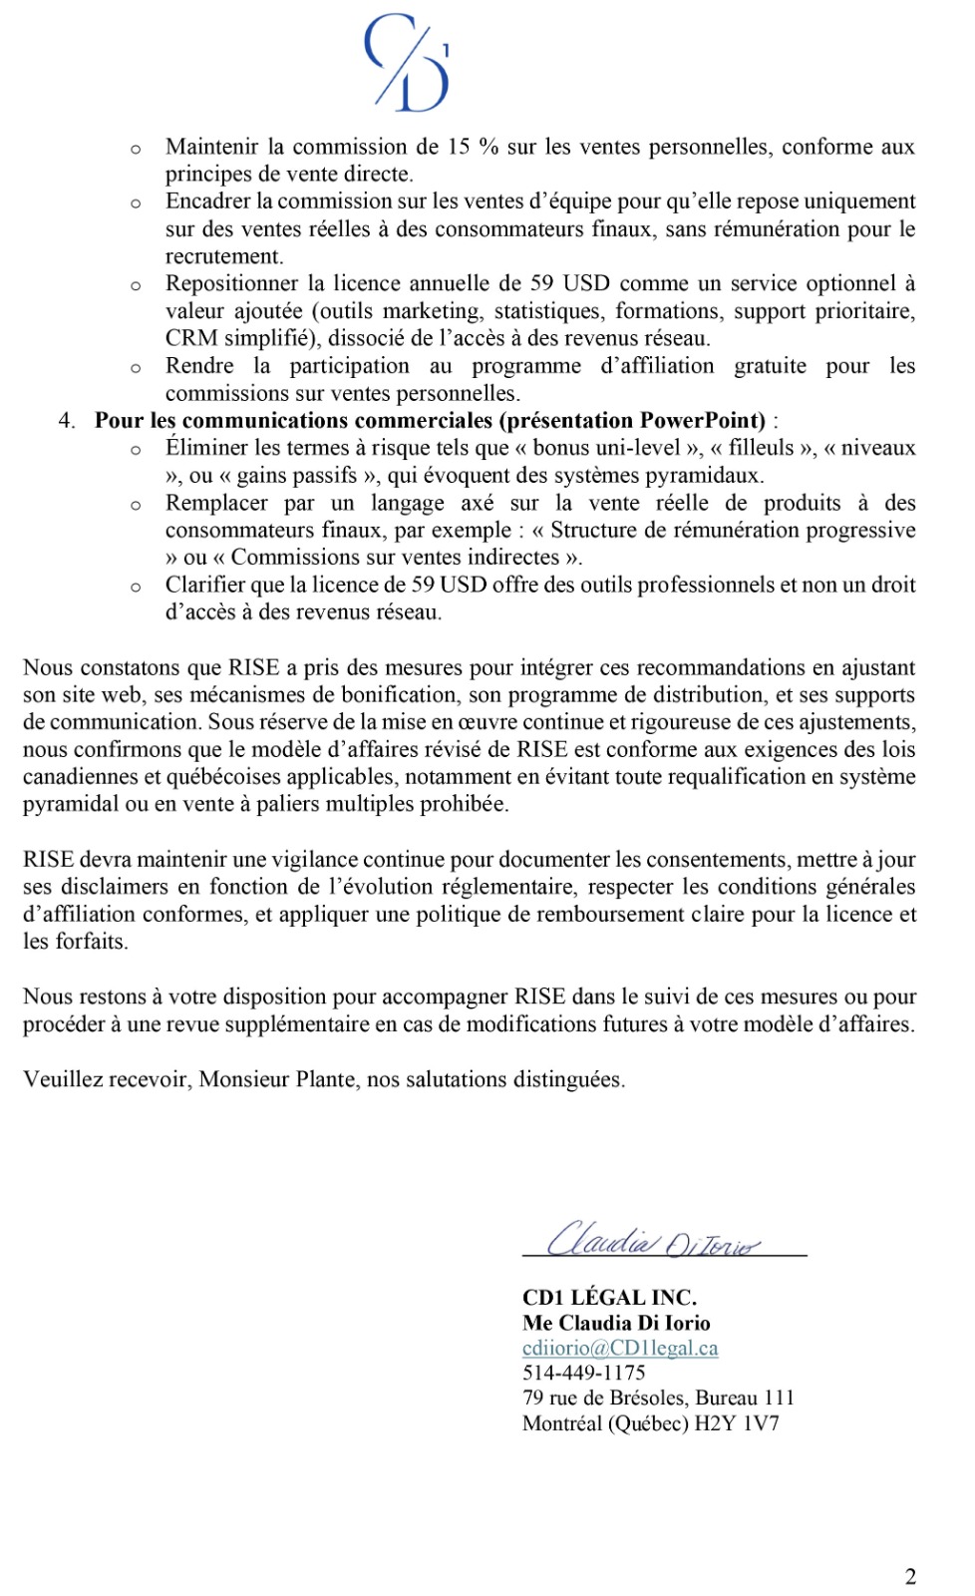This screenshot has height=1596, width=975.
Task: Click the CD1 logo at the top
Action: click(x=408, y=62)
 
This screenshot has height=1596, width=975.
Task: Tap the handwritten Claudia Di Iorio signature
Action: click(x=653, y=1240)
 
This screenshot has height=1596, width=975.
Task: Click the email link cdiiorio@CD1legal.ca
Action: click(x=620, y=1348)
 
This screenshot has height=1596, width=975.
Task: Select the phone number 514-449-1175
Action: click(x=583, y=1373)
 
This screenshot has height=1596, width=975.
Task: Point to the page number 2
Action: click(x=910, y=1576)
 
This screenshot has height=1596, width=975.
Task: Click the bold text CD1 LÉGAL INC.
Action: click(x=609, y=1297)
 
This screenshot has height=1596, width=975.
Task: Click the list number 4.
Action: click(x=66, y=420)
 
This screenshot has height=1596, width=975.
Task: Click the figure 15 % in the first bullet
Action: click(x=473, y=147)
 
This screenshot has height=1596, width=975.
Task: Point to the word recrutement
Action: click(x=223, y=256)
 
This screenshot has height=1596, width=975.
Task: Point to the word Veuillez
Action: click(x=62, y=1079)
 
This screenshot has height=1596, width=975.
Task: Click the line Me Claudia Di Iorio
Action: click(x=616, y=1323)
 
